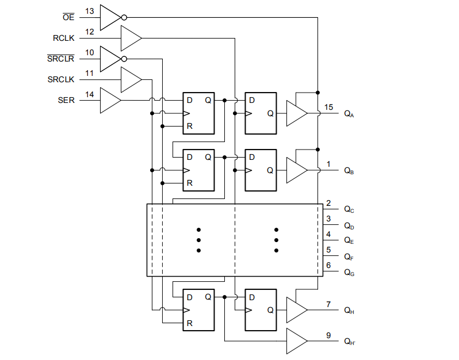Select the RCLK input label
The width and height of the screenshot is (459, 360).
pyautogui.click(x=63, y=39)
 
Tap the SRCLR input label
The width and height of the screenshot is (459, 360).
pyautogui.click(x=60, y=59)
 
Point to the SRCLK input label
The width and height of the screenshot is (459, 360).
pyautogui.click(x=62, y=79)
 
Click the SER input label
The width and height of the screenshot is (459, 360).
pyautogui.click(x=66, y=100)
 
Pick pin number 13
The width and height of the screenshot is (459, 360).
pyautogui.click(x=90, y=11)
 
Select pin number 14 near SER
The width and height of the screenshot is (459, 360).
pyautogui.click(x=90, y=94)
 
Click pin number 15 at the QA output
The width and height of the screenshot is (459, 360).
pyautogui.click(x=328, y=108)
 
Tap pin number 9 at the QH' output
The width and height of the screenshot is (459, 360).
pyautogui.click(x=328, y=335)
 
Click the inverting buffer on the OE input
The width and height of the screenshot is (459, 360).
pyautogui.click(x=110, y=17)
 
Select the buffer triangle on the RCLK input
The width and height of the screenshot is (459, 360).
pyautogui.click(x=131, y=38)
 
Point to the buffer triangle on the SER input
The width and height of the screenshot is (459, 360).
pyautogui.click(x=110, y=100)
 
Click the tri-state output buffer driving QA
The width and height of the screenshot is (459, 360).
pyautogui.click(x=297, y=114)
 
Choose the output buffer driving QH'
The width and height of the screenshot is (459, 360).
pyautogui.click(x=297, y=341)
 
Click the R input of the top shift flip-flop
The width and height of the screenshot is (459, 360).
pyautogui.click(x=188, y=126)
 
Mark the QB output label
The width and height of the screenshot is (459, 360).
pyautogui.click(x=349, y=171)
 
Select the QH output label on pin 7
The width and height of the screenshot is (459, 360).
pyautogui.click(x=349, y=311)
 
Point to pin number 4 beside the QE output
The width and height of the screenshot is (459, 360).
pyautogui.click(x=328, y=234)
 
